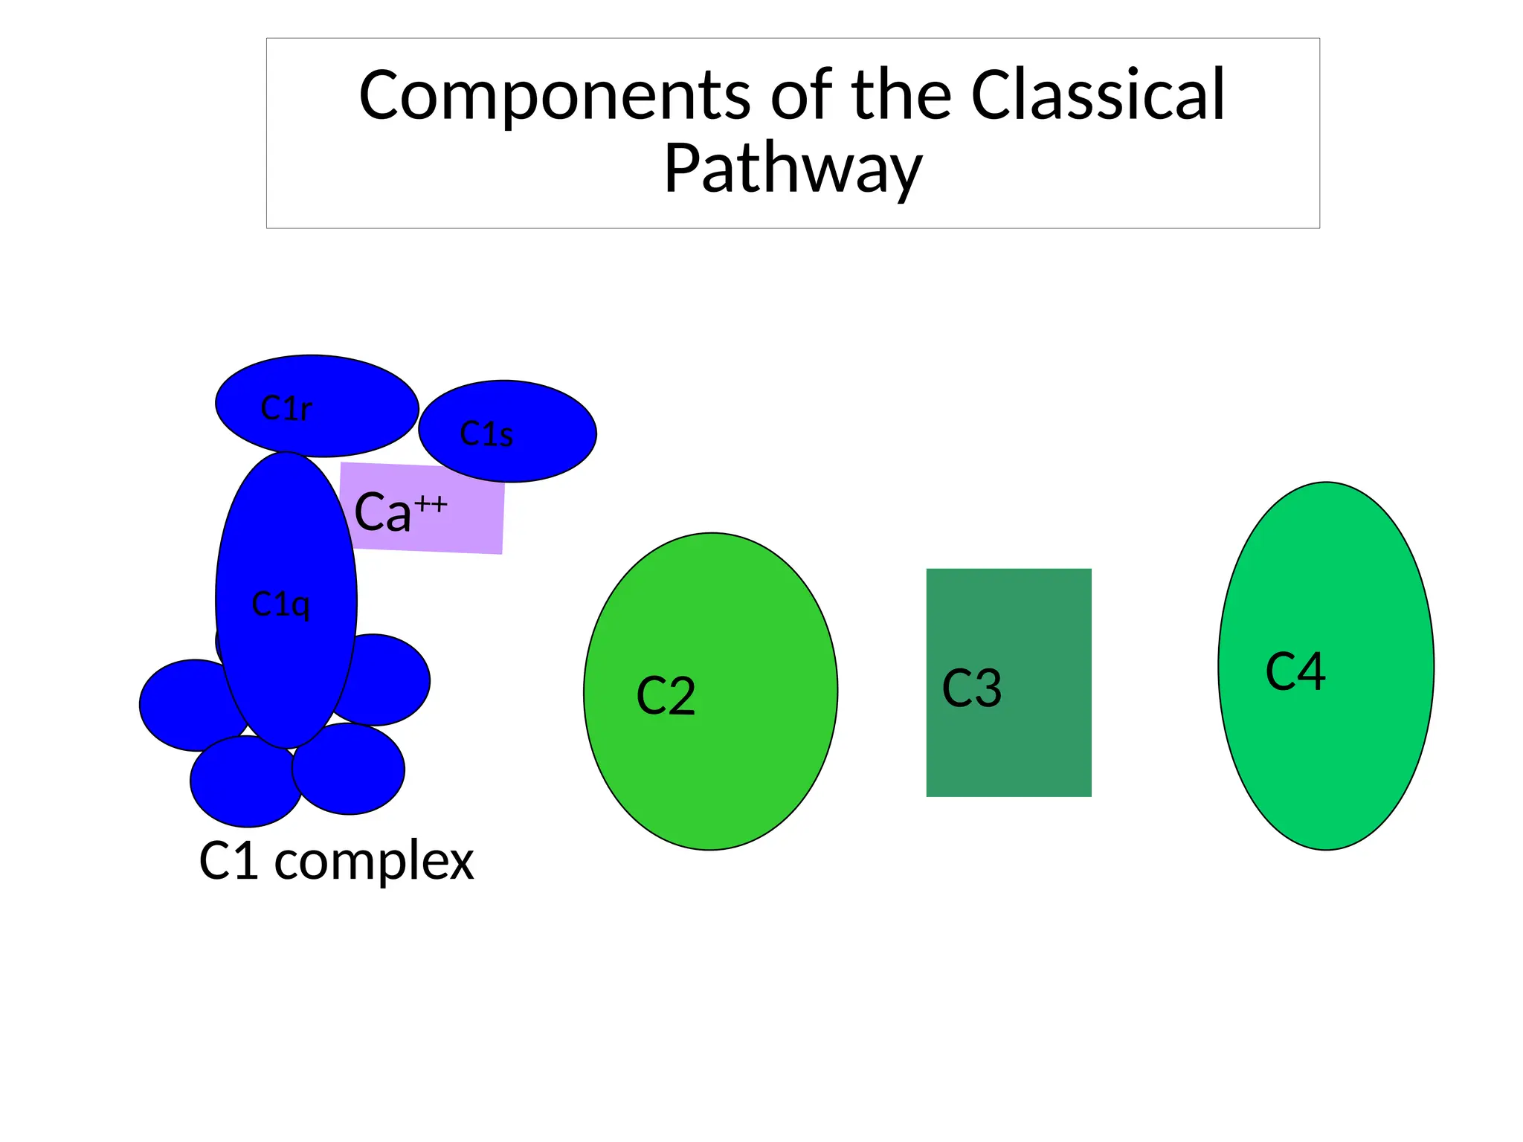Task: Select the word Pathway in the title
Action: pos(793,169)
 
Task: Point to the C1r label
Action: pos(286,408)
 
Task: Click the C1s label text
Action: pos(486,434)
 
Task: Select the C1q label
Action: pos(280,604)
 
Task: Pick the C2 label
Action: pos(666,697)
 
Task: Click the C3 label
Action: pos(971,688)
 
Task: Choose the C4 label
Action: pos(1295,671)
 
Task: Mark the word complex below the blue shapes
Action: pos(373,862)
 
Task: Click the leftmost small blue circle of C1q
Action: pos(182,706)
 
